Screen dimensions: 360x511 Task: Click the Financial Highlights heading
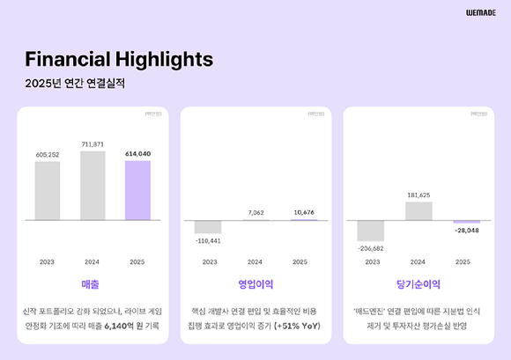coord(119,60)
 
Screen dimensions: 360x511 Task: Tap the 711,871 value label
coord(93,143)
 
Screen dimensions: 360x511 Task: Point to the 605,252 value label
coord(47,154)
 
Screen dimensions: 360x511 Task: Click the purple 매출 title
coord(93,284)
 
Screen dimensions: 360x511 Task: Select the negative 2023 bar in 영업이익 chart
coord(208,226)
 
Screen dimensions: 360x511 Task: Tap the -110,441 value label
coord(208,240)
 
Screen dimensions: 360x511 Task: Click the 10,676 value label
coord(300,212)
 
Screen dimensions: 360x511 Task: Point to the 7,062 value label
coord(255,213)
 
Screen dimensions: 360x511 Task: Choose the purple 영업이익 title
coord(255,284)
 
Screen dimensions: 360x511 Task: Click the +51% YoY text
coord(298,326)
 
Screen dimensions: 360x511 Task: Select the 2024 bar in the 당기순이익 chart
coord(418,211)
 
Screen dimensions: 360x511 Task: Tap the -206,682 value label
coord(371,249)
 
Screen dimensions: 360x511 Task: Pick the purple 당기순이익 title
coord(418,284)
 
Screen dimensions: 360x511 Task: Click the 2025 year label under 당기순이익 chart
coord(463,261)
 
